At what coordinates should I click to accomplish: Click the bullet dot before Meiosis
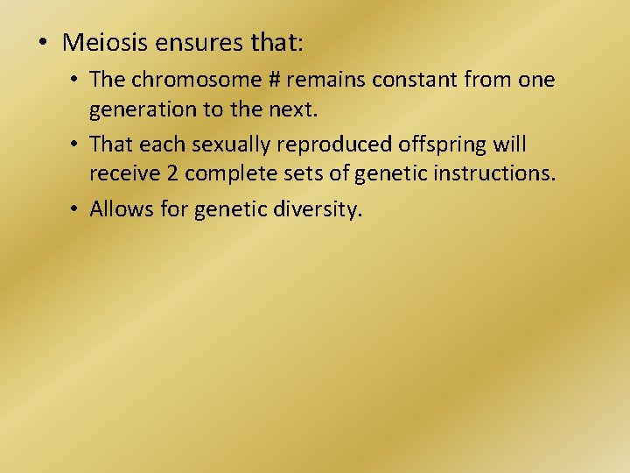43,42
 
